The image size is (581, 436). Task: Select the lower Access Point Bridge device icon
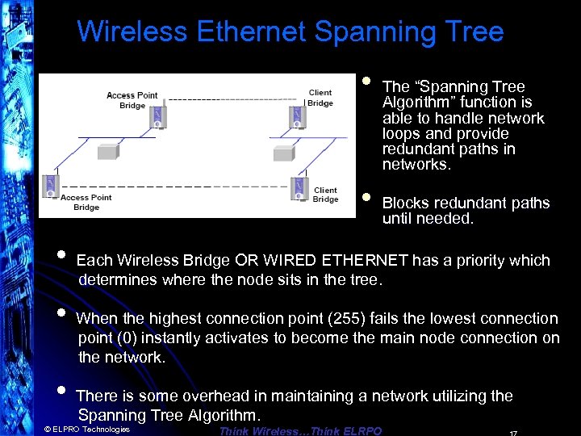pos(52,186)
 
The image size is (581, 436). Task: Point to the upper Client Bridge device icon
pos(295,117)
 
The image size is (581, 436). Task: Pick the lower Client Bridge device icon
pos(299,187)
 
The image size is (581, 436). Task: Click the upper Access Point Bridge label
pos(132,100)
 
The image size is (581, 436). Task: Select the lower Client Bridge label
pos(325,195)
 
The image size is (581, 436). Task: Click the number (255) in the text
pos(360,319)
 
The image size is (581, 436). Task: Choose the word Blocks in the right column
pos(403,203)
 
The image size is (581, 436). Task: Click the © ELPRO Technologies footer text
pos(86,430)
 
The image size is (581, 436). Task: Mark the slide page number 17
pos(512,432)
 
